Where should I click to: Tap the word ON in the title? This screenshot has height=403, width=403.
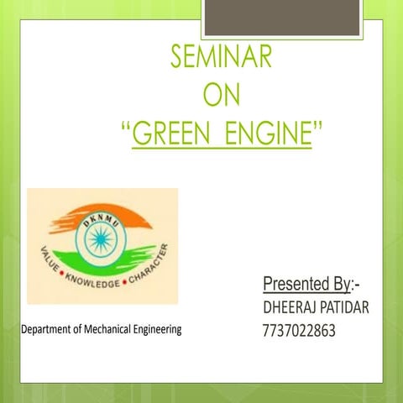click(222, 95)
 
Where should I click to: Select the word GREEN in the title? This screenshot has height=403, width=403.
click(175, 133)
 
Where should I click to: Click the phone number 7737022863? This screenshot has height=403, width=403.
click(299, 331)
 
